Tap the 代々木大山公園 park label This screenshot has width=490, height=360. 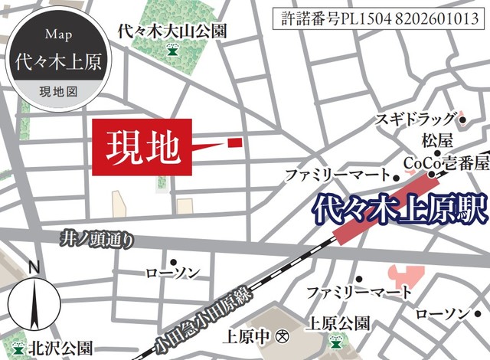(172, 31)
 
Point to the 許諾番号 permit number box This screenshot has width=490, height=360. (375, 18)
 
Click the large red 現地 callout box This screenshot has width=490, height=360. (139, 143)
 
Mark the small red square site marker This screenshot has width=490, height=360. (234, 141)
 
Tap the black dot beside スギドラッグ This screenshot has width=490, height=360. (462, 119)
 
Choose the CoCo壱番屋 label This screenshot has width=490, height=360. (446, 162)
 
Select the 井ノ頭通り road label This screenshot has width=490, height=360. (97, 240)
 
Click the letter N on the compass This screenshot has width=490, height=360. (33, 268)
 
